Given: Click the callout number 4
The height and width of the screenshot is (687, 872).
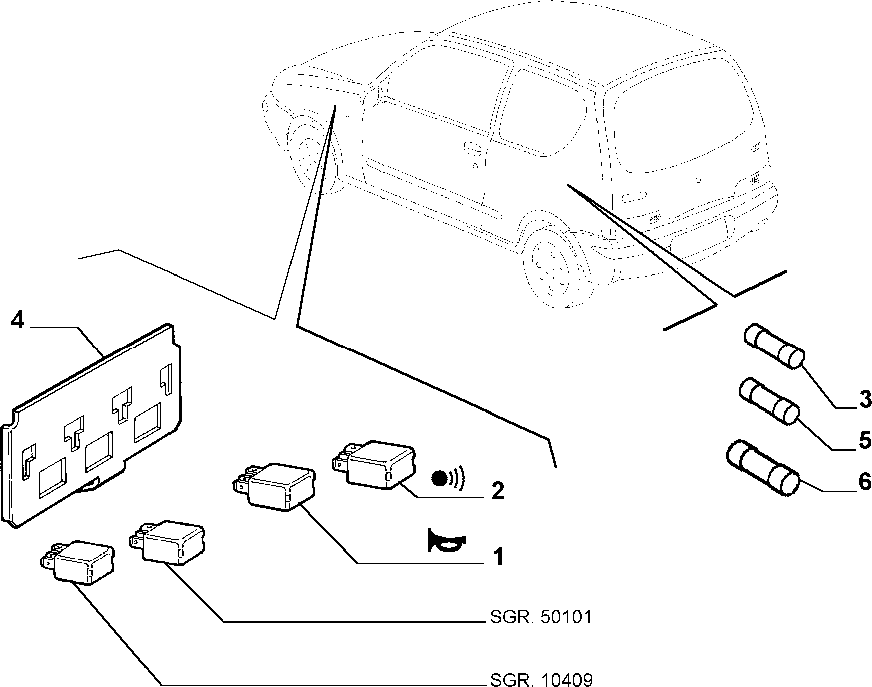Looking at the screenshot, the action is pos(17,320).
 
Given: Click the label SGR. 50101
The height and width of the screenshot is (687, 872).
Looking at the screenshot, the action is pos(540,617).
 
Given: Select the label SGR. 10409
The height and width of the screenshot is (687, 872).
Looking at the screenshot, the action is pos(540,679).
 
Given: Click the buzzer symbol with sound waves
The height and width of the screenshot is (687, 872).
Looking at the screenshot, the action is pos(448,478).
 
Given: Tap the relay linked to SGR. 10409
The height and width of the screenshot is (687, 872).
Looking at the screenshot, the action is pos(78,562).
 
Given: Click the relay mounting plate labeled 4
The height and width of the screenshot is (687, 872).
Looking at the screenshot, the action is pos(93,422).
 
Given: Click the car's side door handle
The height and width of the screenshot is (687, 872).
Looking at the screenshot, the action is pos(472,147).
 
